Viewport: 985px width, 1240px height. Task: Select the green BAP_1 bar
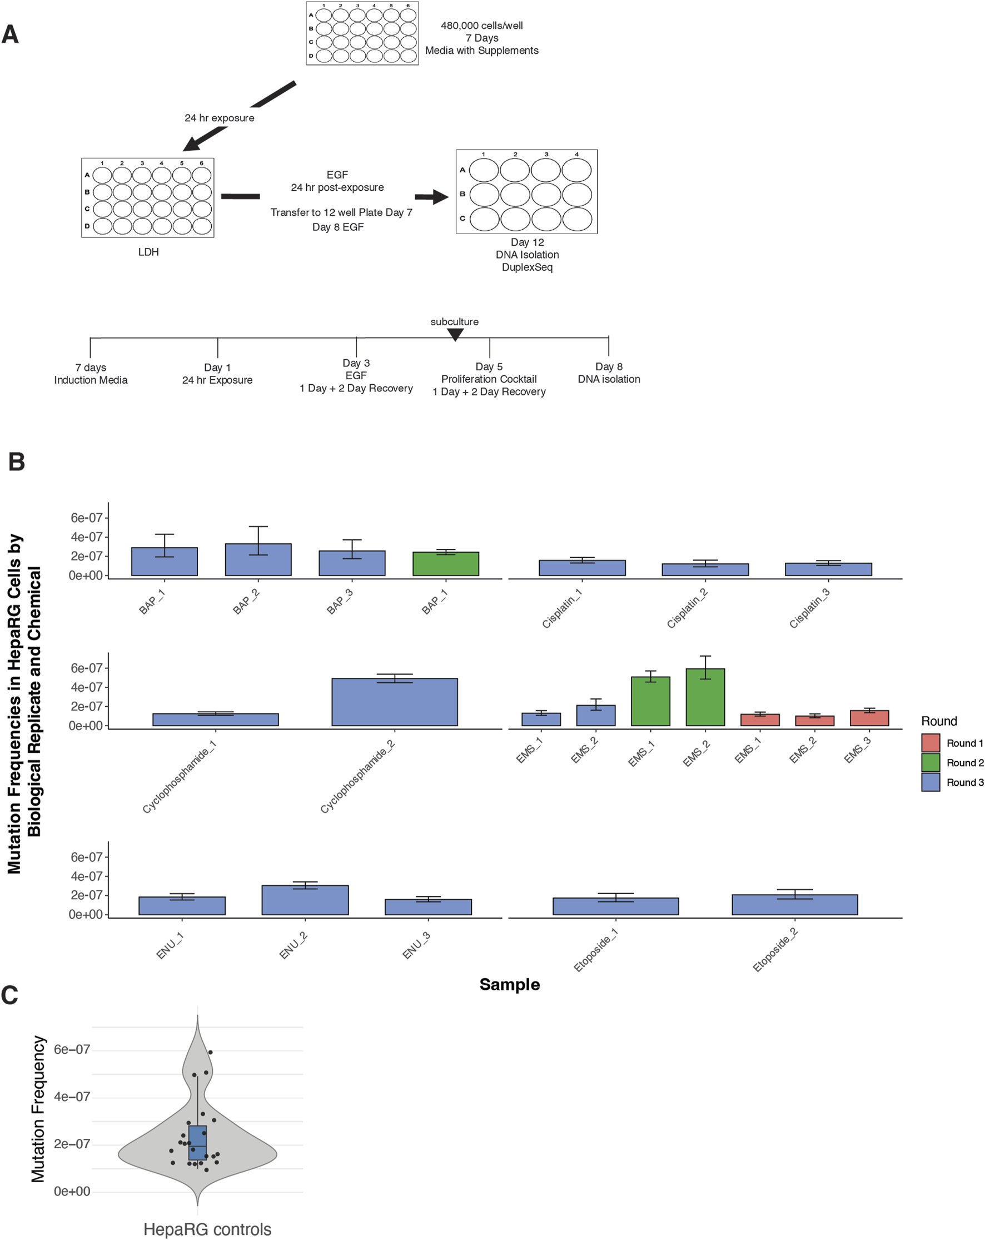446,564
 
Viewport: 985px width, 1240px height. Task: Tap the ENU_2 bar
305,900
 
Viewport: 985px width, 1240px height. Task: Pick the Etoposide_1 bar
615,906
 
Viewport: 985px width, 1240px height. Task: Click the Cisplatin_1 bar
582,568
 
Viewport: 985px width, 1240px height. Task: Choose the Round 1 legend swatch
931,743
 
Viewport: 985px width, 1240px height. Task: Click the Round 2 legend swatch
931,763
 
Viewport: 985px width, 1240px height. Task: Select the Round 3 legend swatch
931,782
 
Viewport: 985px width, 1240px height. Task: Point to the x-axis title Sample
510,984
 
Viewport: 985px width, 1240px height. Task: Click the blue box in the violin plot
197,1143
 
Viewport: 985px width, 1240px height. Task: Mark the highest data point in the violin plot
211,1053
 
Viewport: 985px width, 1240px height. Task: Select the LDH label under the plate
148,252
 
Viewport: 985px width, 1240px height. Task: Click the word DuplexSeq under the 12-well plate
527,267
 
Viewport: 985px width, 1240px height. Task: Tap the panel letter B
16,462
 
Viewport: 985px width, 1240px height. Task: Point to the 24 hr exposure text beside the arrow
219,118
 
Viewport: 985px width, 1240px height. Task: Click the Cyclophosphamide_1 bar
216,720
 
